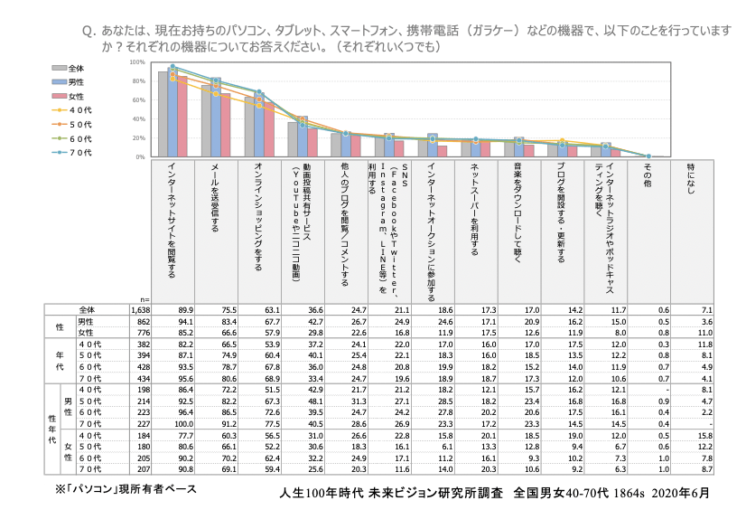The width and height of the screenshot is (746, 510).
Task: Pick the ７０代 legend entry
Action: tap(76, 152)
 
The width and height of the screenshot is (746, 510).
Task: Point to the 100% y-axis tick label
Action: tap(137, 62)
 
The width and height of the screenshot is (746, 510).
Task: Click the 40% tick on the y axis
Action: tap(138, 118)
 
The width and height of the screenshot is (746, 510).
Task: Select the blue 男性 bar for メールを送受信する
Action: tap(215, 118)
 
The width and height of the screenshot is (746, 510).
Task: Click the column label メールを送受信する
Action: tap(214, 199)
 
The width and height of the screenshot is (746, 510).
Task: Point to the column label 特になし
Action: tap(691, 176)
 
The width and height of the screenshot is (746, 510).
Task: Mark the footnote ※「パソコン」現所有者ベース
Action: tap(126, 488)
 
